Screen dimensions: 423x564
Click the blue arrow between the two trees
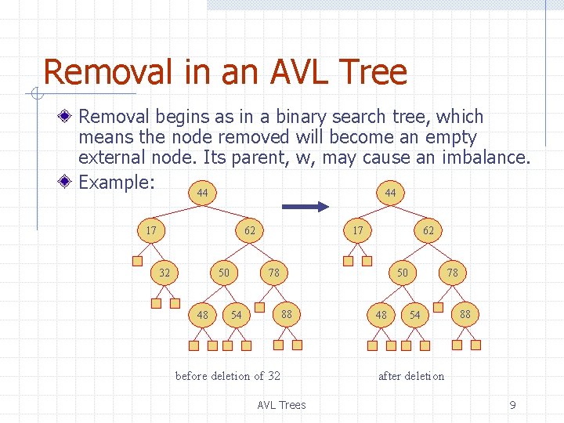[x=305, y=206]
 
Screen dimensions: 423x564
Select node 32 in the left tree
[x=164, y=273]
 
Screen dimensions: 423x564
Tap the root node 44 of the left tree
[x=202, y=193]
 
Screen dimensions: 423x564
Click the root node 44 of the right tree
[x=390, y=193]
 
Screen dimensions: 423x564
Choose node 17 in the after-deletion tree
[x=358, y=231]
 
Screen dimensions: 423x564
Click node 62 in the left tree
[x=249, y=231]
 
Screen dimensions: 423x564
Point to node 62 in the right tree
[x=428, y=231]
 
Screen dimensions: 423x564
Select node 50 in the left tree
[x=224, y=273]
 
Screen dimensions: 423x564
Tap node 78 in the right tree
[x=452, y=273]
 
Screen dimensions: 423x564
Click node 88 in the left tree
[x=287, y=314]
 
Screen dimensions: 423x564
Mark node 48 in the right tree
[x=381, y=315]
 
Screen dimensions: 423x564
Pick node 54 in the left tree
[x=237, y=315]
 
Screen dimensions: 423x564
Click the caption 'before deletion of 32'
[x=227, y=376]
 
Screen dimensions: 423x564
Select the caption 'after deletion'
[x=410, y=376]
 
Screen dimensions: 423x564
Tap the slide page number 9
[x=512, y=405]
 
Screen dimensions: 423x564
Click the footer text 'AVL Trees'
[x=281, y=405]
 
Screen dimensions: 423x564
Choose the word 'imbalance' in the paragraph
[x=486, y=157]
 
